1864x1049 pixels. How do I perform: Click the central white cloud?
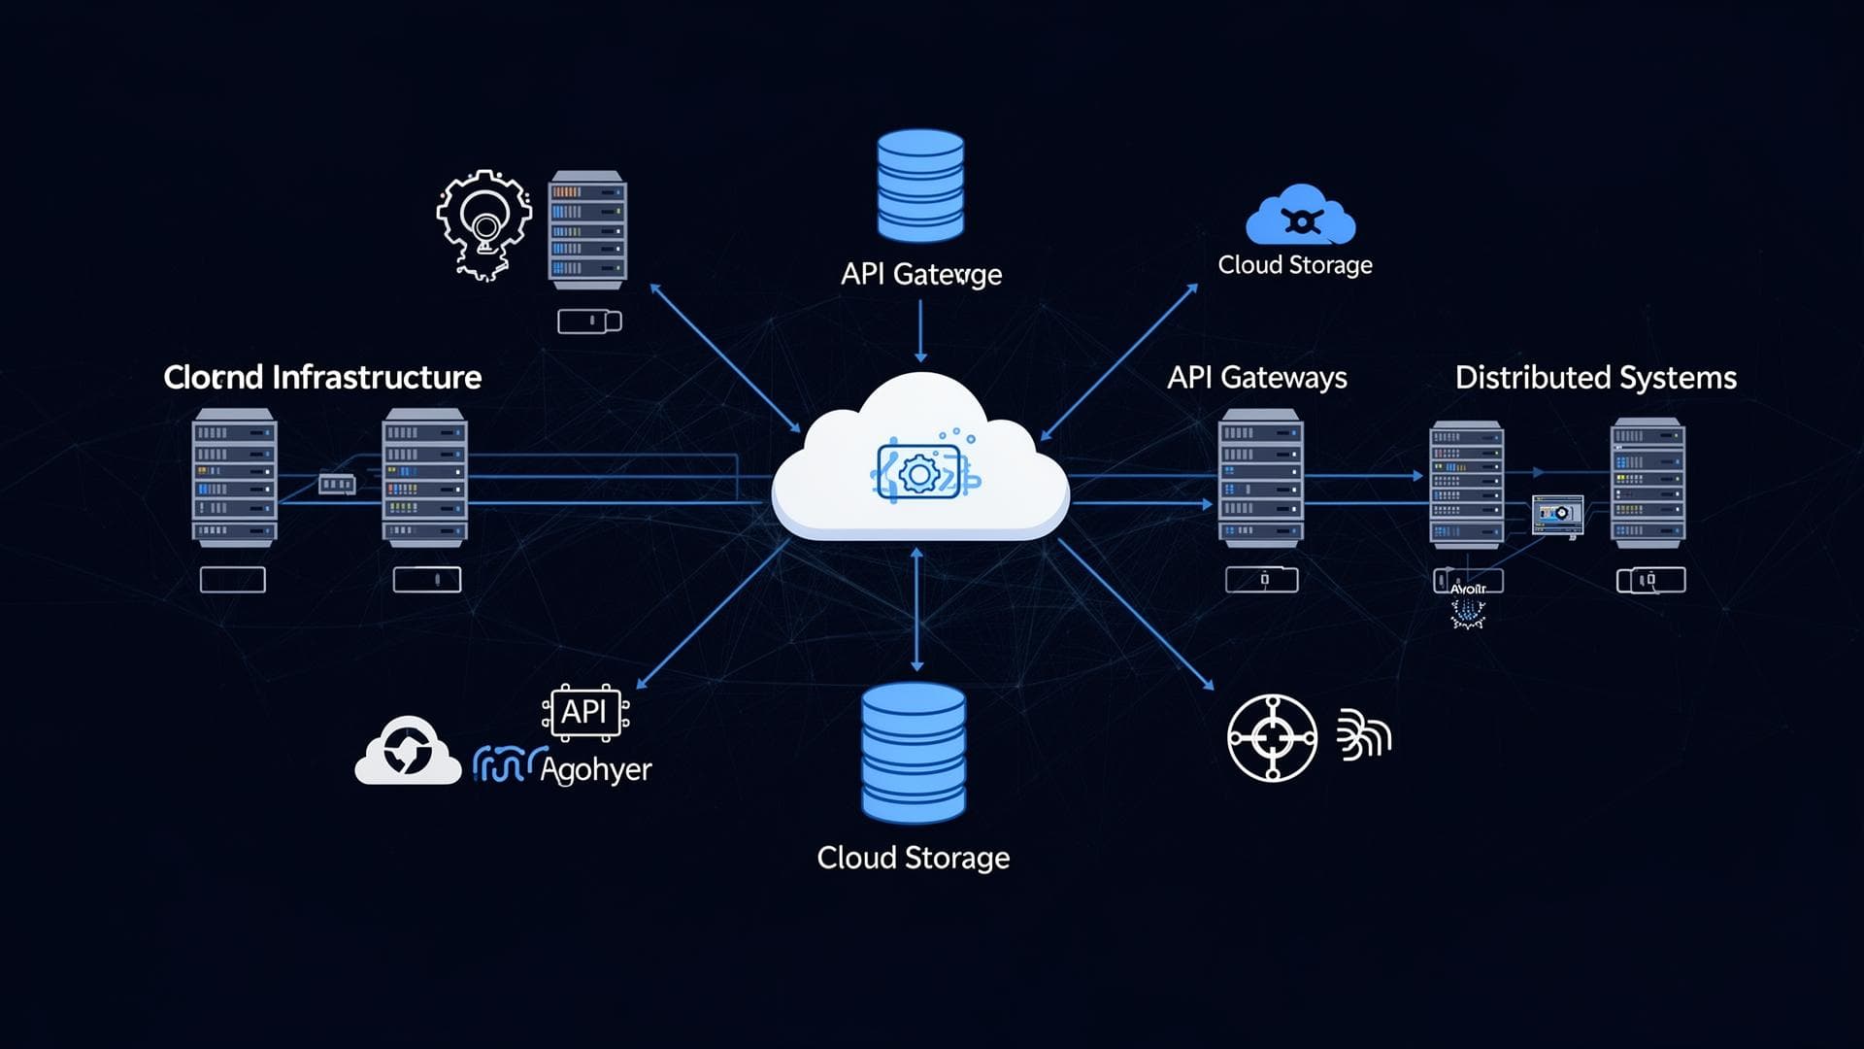919,466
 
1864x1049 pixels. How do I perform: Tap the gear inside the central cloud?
918,474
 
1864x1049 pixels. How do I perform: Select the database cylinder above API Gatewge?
920,185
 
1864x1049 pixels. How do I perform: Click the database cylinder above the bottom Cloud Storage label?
914,753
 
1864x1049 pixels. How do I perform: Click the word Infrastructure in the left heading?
377,377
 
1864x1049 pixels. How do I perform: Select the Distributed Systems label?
1595,377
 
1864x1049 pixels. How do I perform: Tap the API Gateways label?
1256,377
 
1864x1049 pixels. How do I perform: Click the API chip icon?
584,712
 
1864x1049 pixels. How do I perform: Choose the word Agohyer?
595,769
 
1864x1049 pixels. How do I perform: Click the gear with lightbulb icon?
483,224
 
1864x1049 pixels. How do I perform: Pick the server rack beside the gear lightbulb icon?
586,230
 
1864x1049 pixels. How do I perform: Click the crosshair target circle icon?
1272,738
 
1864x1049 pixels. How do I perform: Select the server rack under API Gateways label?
1260,477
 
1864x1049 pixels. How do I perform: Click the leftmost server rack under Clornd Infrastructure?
234,477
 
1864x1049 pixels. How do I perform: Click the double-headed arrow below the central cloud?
916,609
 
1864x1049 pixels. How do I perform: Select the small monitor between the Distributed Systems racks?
1557,514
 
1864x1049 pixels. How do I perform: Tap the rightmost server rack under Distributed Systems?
1648,482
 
